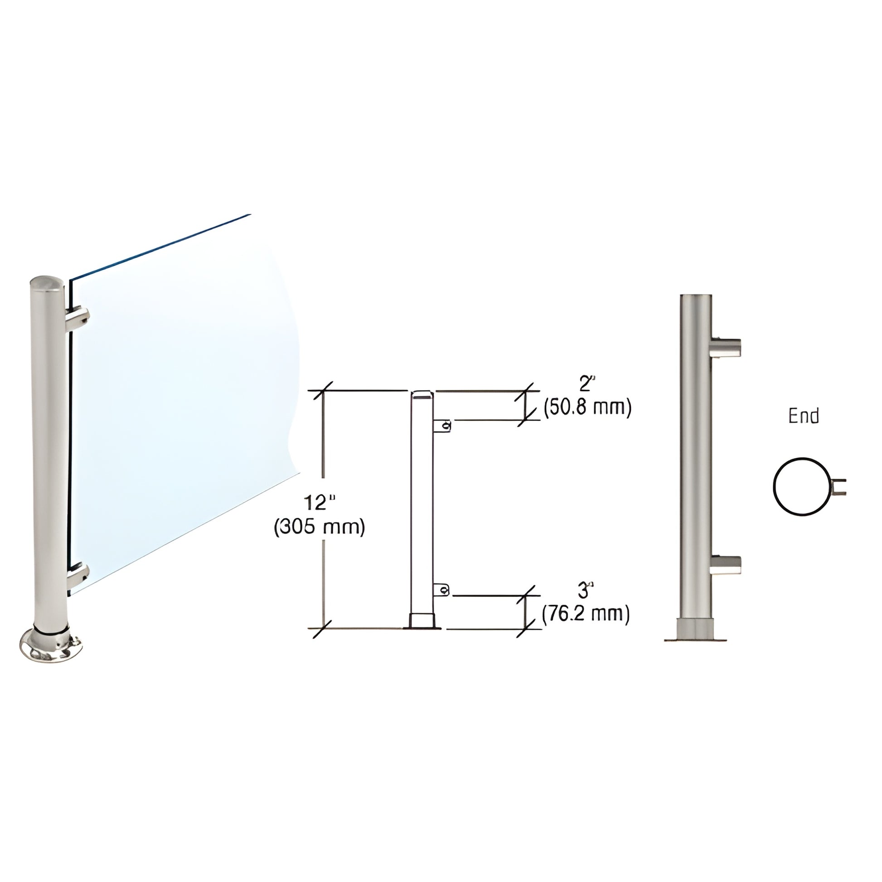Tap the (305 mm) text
point(320,528)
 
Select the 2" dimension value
point(587,384)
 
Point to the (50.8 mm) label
point(587,407)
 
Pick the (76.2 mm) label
point(586,614)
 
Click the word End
point(804,416)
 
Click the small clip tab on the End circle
point(839,487)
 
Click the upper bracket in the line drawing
point(442,426)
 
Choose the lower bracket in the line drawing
point(441,590)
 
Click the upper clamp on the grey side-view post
point(726,348)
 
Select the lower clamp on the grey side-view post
point(726,564)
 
